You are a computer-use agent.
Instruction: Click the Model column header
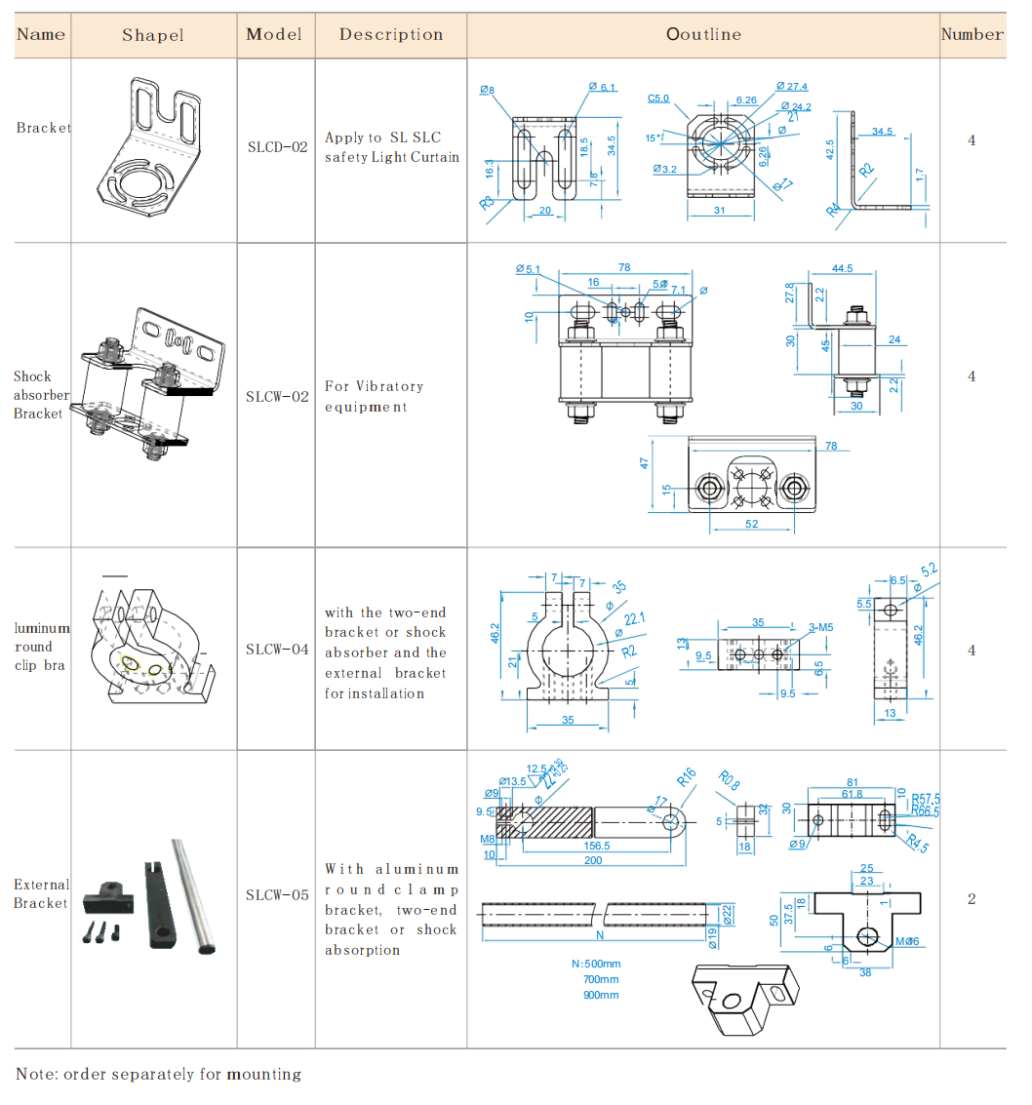tap(274, 34)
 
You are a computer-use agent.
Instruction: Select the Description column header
tap(391, 34)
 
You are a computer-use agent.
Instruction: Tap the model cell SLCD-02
tap(276, 147)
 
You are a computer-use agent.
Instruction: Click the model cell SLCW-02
tap(277, 397)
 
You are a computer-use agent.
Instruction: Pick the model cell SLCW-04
tap(277, 650)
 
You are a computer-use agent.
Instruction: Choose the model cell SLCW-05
tap(277, 894)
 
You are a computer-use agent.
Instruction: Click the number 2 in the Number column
tap(972, 899)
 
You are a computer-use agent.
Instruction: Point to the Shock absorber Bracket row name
tap(39, 394)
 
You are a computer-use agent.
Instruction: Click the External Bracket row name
tap(41, 893)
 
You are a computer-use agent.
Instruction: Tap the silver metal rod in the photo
tap(193, 894)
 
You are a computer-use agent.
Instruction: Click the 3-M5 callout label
tap(820, 628)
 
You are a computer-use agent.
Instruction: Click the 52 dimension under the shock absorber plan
tap(751, 524)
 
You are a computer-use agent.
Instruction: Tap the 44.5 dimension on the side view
tap(842, 268)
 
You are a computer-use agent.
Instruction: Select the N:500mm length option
tap(595, 964)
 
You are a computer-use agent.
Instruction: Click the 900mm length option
tap(601, 995)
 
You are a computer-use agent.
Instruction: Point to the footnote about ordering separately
tap(158, 1075)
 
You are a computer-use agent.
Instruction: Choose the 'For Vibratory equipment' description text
tap(374, 397)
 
